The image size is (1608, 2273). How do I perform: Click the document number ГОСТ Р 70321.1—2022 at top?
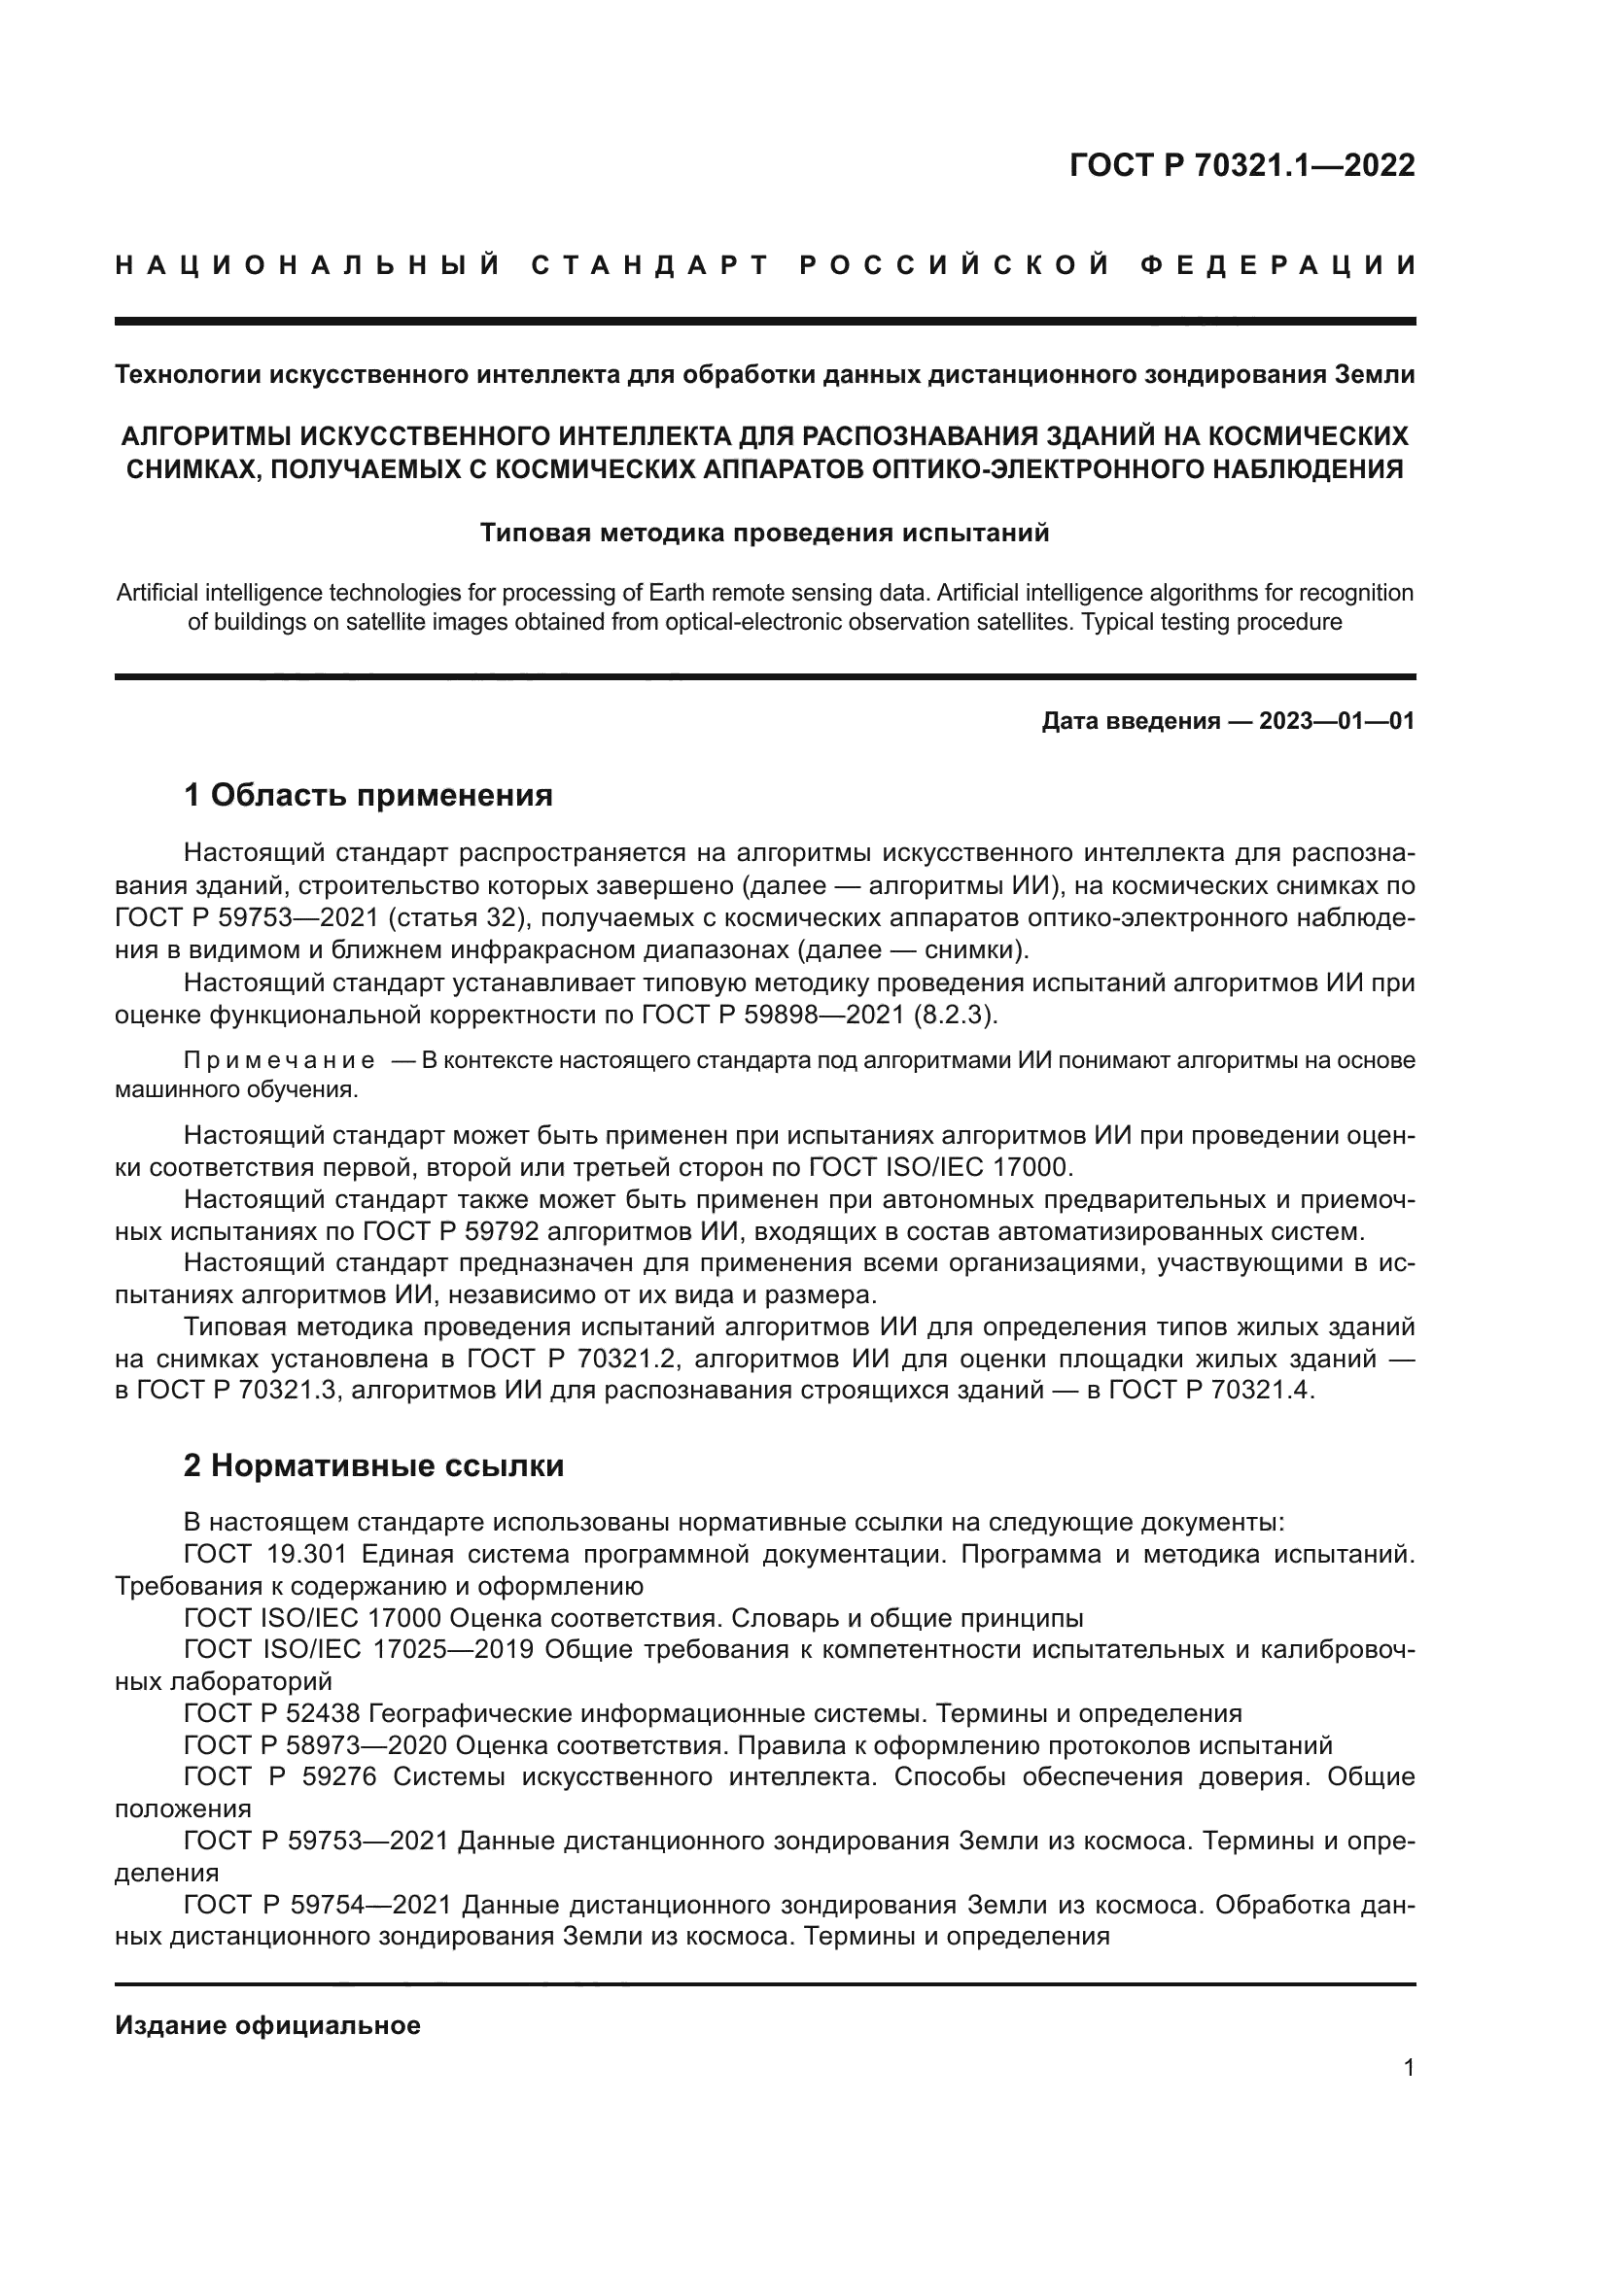click(1241, 165)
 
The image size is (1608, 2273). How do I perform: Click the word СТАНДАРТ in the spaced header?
click(649, 265)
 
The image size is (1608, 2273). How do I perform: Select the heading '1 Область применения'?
click(367, 794)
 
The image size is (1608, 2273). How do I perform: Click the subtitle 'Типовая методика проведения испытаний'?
click(764, 533)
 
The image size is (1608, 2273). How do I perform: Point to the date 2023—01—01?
click(1337, 721)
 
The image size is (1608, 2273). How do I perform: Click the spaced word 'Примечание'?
click(279, 1060)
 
